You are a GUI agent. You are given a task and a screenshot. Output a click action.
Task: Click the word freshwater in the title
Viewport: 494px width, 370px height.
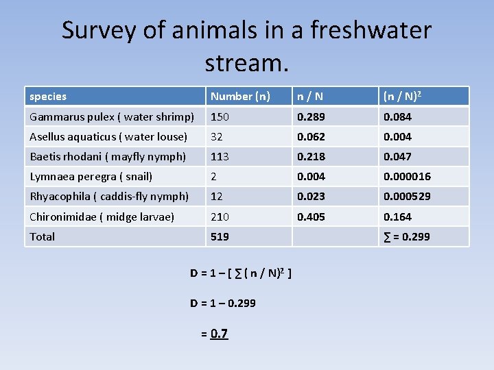[x=370, y=30]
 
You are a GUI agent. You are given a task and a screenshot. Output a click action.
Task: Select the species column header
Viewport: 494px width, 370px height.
[x=48, y=97]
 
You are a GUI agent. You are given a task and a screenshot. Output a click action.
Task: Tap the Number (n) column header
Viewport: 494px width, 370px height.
[x=240, y=97]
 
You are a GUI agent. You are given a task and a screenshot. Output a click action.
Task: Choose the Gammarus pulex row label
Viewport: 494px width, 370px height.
[x=112, y=116]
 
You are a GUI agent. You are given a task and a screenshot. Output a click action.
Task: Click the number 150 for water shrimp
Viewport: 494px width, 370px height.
[x=220, y=116]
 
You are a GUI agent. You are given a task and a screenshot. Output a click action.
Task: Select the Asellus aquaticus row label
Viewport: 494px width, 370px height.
[x=108, y=136]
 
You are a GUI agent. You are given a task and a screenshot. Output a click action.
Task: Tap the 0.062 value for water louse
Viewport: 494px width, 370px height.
[x=311, y=136]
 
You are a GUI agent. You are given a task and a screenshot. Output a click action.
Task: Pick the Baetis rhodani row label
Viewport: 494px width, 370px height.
[x=108, y=156]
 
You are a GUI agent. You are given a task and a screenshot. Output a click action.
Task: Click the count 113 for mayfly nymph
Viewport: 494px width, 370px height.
[x=220, y=156]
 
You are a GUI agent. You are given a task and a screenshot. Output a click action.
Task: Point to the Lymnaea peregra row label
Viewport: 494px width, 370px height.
[x=91, y=176]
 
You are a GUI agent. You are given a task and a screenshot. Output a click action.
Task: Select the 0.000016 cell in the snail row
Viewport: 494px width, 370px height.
[x=408, y=176]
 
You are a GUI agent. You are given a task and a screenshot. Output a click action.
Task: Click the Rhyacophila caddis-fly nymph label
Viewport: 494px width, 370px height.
[x=109, y=196]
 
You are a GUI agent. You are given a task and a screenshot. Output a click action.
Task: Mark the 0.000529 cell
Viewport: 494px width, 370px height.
[x=408, y=196]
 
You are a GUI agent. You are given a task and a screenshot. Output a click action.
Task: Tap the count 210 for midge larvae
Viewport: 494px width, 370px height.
[x=220, y=217]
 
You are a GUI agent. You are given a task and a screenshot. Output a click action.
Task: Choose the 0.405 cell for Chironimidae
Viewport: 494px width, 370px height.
[x=311, y=217]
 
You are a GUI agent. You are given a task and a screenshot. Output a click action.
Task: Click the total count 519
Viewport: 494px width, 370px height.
[x=220, y=236]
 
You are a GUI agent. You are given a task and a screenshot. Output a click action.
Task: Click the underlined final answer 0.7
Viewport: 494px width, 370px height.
[x=219, y=334]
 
